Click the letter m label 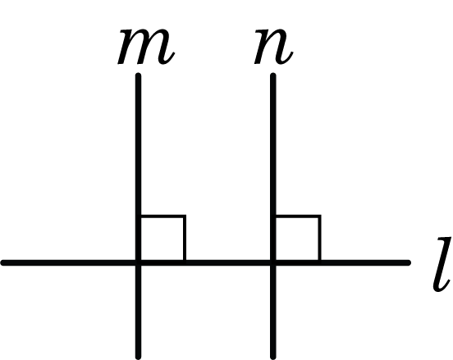click(146, 47)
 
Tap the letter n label click(273, 47)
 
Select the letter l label click(442, 263)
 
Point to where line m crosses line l click(139, 262)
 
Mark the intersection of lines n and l click(273, 262)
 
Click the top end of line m click(139, 75)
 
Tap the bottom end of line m click(139, 357)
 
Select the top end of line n click(273, 75)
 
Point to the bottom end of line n click(273, 357)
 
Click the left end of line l click(3, 262)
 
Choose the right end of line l click(408, 262)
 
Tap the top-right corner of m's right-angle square click(185, 216)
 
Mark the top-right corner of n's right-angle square click(320, 216)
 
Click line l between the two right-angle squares click(228, 262)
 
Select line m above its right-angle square click(139, 144)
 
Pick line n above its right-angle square click(273, 144)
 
